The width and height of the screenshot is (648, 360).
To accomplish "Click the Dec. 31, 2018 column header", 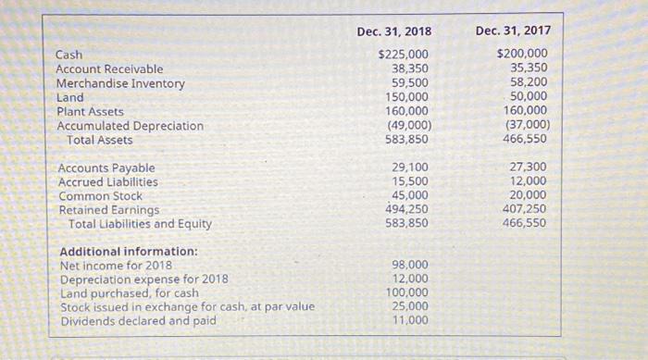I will pyautogui.click(x=393, y=31).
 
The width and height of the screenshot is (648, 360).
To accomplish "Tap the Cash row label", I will pyautogui.click(x=69, y=55).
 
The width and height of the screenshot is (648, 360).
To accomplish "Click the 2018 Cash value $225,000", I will pyautogui.click(x=403, y=54).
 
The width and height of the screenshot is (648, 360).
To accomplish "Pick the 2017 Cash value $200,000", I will pyautogui.click(x=522, y=54).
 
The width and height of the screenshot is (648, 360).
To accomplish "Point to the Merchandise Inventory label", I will pyautogui.click(x=120, y=83).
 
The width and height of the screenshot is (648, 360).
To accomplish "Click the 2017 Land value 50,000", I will pyautogui.click(x=529, y=97).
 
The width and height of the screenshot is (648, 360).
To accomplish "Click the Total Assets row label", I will pyautogui.click(x=100, y=141).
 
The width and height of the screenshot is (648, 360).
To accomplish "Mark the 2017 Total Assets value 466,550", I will pyautogui.click(x=525, y=140).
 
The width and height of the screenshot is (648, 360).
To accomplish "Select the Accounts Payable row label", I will pyautogui.click(x=106, y=168).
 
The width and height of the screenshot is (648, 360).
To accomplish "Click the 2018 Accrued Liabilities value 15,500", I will pyautogui.click(x=410, y=181).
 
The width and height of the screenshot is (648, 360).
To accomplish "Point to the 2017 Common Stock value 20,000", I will pyautogui.click(x=529, y=195).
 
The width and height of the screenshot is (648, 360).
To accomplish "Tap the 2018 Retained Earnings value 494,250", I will pyautogui.click(x=406, y=209).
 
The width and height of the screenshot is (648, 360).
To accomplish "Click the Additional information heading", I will pyautogui.click(x=129, y=252).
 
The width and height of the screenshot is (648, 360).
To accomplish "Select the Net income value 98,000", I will pyautogui.click(x=410, y=265).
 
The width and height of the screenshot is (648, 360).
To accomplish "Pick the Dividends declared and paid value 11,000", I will pyautogui.click(x=410, y=320).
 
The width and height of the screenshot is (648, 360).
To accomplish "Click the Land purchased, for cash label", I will pyautogui.click(x=130, y=293).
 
